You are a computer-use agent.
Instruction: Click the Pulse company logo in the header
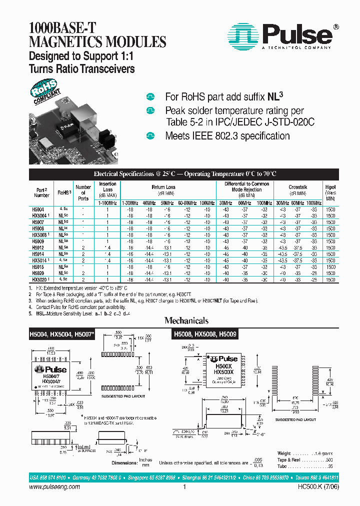click(x=281, y=36)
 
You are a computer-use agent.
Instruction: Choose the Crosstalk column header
click(x=298, y=187)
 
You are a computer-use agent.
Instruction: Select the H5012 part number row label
click(x=38, y=247)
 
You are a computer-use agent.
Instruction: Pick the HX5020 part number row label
click(x=40, y=280)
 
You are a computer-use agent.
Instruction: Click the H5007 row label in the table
click(x=38, y=221)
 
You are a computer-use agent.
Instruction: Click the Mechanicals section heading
click(x=187, y=320)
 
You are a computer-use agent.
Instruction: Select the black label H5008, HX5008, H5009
click(x=205, y=333)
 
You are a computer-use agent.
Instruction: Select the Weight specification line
click(x=305, y=452)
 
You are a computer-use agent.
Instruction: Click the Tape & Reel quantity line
click(x=305, y=459)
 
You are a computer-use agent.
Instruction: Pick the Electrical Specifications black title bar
click(x=184, y=174)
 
